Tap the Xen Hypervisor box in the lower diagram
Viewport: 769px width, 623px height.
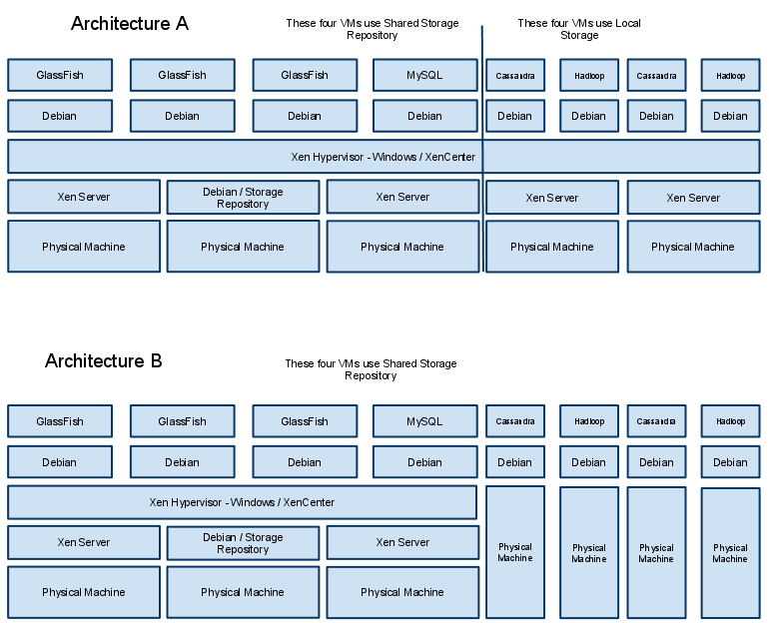tap(242, 502)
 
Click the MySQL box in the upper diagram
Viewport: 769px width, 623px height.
tap(424, 75)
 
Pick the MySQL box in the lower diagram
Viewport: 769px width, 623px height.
tap(424, 421)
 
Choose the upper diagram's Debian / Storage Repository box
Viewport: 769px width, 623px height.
tap(243, 198)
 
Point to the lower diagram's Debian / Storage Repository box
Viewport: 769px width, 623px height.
tap(243, 543)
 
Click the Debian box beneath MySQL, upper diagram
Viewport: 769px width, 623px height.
tap(424, 116)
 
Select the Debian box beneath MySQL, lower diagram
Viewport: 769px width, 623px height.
tap(424, 462)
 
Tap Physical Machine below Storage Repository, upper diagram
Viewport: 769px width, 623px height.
tap(243, 247)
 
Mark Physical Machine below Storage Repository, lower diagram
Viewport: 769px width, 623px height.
tap(243, 592)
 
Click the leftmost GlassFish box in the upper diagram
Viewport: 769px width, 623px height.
tap(60, 75)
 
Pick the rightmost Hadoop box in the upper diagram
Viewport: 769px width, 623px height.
tap(730, 76)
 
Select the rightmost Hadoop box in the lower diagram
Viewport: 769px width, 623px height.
tap(730, 421)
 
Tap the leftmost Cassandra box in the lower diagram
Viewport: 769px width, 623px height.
tap(515, 421)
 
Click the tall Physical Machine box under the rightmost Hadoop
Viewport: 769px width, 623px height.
tap(730, 553)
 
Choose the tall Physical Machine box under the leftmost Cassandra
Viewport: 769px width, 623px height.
tap(515, 552)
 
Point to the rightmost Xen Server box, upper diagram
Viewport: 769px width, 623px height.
tap(693, 198)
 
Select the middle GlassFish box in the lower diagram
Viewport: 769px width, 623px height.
tap(182, 421)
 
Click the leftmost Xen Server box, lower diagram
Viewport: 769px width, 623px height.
tap(84, 543)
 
